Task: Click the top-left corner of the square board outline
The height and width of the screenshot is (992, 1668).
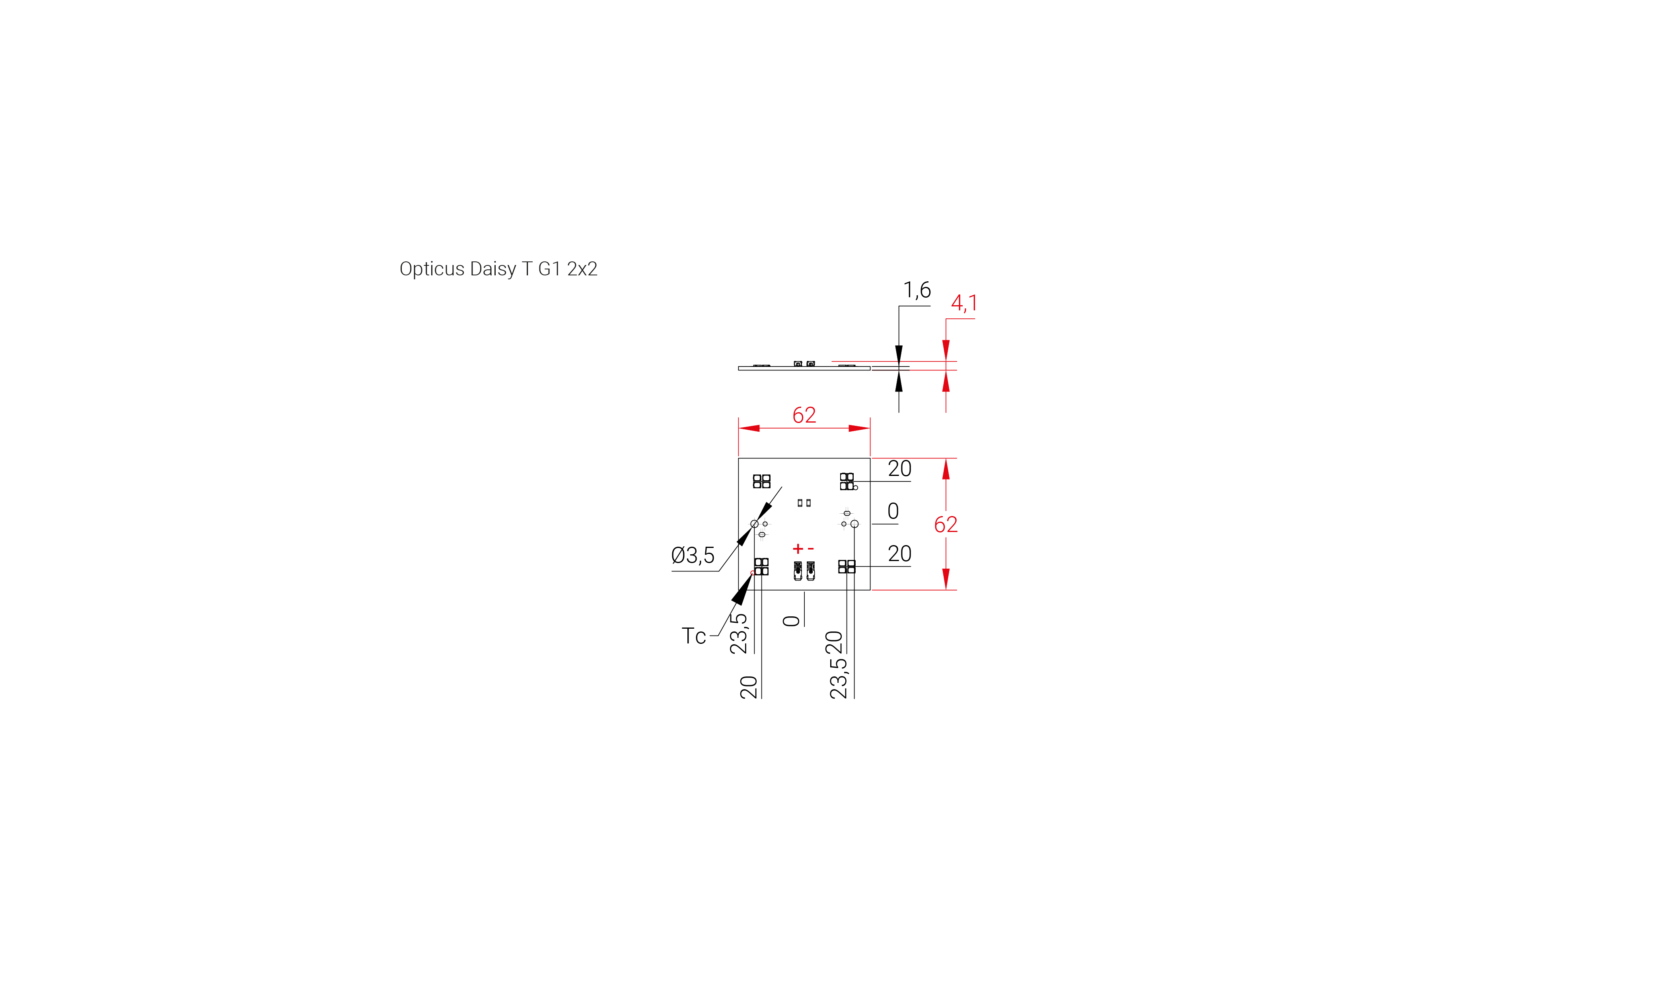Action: pos(738,458)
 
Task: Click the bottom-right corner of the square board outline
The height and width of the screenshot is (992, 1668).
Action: pos(870,590)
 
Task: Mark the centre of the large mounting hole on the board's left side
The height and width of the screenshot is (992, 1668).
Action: pos(755,524)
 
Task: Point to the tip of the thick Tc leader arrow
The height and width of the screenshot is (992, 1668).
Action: pos(753,573)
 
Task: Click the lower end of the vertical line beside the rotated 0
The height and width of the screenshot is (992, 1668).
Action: pos(804,626)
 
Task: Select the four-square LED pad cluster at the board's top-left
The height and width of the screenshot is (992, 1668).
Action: pos(761,481)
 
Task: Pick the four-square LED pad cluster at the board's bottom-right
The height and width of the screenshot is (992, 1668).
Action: pos(847,567)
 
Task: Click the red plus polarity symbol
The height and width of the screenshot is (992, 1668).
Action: pos(797,549)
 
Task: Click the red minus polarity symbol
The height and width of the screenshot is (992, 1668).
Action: pos(811,549)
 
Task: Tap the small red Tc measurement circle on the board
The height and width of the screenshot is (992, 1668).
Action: pos(753,573)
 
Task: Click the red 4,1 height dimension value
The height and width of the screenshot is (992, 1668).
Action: pos(964,303)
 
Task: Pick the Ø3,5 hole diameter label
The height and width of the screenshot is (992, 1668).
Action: pos(693,555)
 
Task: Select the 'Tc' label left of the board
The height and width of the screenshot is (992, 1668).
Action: pos(694,636)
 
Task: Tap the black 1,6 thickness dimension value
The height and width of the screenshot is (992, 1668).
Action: pos(917,290)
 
